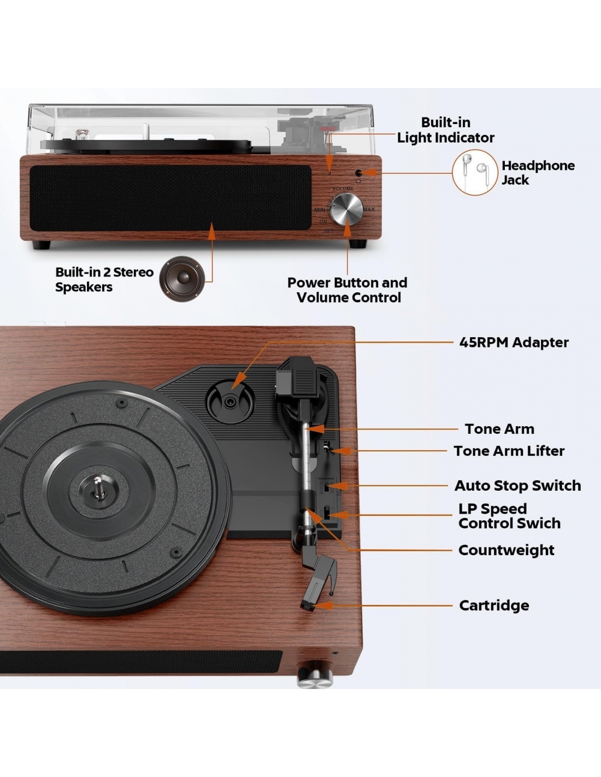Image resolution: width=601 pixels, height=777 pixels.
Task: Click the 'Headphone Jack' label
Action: coord(538,173)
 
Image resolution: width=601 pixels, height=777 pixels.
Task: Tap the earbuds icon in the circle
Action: coord(475,172)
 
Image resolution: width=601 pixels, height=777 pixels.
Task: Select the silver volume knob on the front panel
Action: coord(346,209)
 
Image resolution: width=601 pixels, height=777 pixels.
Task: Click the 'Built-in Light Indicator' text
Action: coord(445,130)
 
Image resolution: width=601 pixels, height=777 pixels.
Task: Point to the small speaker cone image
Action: coord(182,279)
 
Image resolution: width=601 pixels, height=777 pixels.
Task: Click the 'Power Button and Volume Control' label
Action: coord(347,290)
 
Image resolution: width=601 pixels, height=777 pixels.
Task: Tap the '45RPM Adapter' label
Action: coord(514,343)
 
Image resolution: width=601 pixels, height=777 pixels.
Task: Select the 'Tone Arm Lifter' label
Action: coord(509,451)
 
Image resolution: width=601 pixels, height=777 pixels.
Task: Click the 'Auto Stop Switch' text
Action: coord(517,486)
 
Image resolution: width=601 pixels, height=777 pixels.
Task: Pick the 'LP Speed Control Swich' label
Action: coord(509,516)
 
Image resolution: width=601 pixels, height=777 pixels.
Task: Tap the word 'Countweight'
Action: coord(506,550)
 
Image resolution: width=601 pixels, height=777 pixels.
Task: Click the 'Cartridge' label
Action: coord(494,605)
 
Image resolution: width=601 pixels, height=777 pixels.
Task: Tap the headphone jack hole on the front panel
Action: coord(359,173)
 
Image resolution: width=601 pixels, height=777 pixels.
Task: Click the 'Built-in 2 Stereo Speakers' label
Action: coord(104,280)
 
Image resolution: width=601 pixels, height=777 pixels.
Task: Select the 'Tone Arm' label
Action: coord(499,429)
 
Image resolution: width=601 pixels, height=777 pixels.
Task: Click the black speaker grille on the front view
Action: coord(170,198)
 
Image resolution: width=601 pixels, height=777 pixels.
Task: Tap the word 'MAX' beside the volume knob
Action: coord(369,209)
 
